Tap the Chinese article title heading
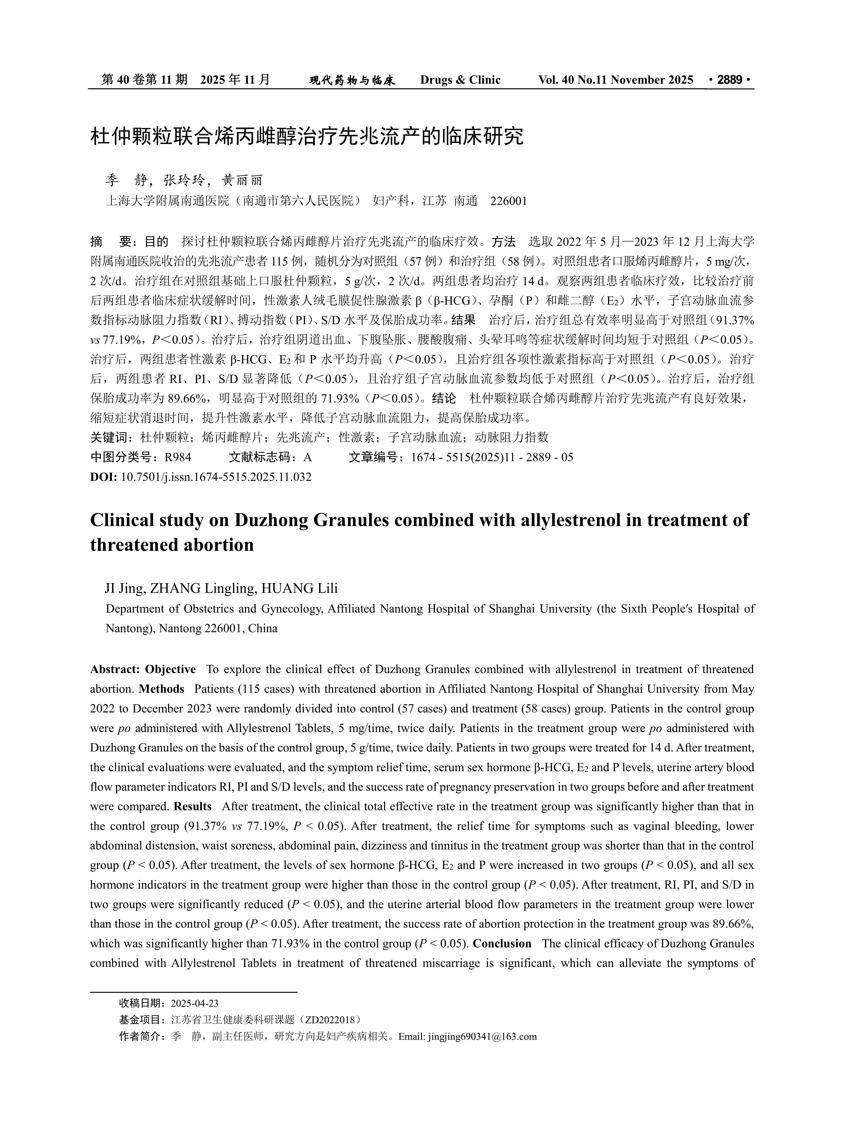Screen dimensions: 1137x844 (x=307, y=137)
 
